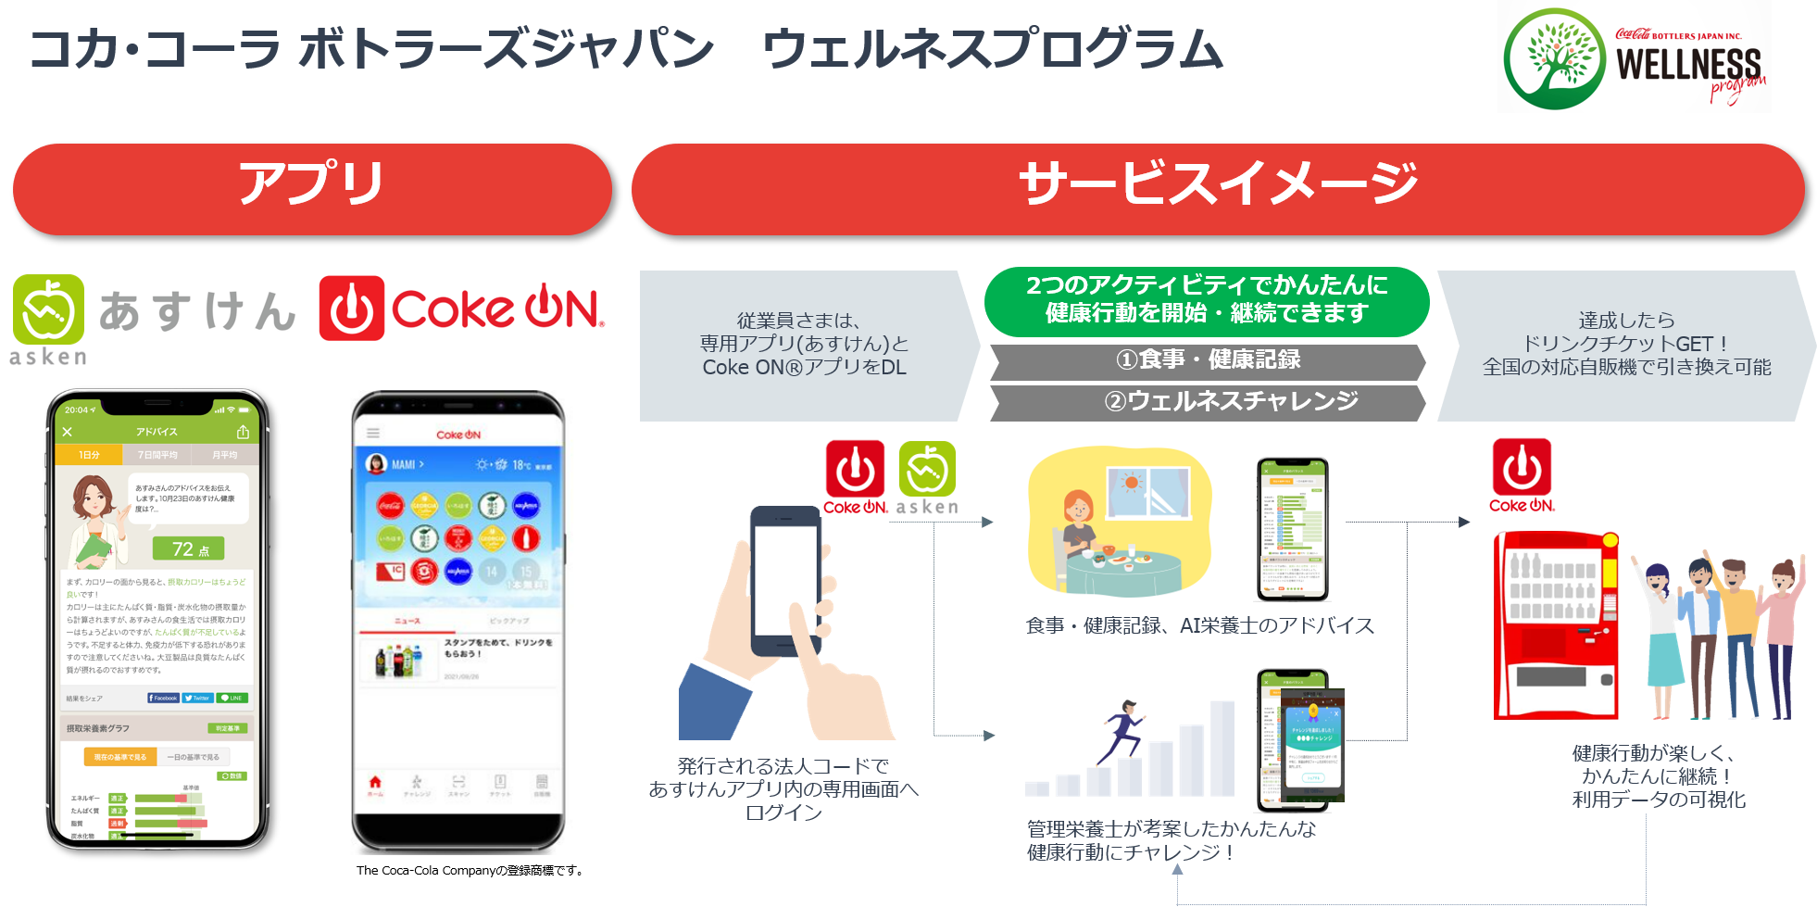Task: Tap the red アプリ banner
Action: point(312,188)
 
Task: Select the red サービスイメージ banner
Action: point(1217,188)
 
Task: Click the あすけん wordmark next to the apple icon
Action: point(196,311)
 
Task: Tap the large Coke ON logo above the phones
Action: point(464,309)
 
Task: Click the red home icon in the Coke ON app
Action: point(375,783)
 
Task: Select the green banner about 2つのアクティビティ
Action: point(1206,300)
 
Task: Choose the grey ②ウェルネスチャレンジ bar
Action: point(1207,402)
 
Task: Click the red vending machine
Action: point(1556,625)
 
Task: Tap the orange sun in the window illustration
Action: point(1131,484)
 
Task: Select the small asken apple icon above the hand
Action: point(927,471)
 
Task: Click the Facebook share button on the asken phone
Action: point(163,698)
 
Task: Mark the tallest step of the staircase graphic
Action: point(1222,748)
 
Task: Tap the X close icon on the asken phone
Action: point(67,432)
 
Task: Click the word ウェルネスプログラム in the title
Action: point(991,50)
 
